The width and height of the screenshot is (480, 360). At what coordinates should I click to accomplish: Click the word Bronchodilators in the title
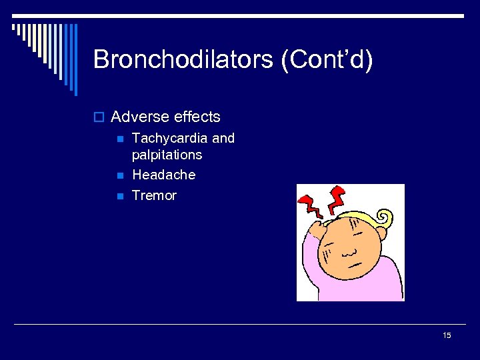[x=183, y=59]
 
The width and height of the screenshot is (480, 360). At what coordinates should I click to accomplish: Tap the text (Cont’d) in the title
[x=327, y=59]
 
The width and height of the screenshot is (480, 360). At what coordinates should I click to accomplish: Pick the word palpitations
[x=167, y=155]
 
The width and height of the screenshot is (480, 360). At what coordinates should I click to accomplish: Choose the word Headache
[x=163, y=175]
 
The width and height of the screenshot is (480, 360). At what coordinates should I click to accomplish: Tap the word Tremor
[x=154, y=195]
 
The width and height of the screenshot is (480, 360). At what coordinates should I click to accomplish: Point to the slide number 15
[x=447, y=335]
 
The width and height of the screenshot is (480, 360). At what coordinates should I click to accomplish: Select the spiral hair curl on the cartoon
[x=385, y=218]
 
